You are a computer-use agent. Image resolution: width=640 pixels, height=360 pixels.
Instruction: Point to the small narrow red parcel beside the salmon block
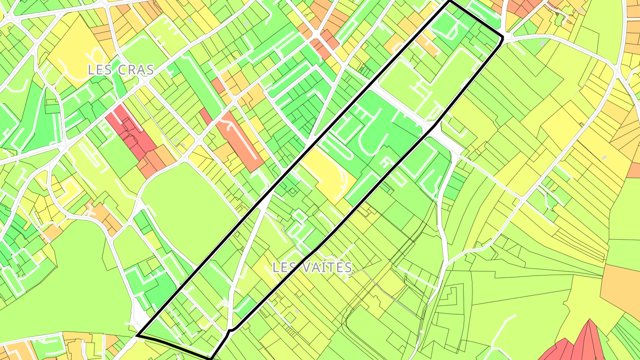coord(205,116)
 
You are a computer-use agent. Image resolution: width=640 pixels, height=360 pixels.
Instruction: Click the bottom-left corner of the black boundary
coord(138,335)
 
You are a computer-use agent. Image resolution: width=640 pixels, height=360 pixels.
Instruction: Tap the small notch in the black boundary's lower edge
coord(229,331)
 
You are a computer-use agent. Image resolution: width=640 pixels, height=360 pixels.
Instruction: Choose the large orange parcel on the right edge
coord(622,284)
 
